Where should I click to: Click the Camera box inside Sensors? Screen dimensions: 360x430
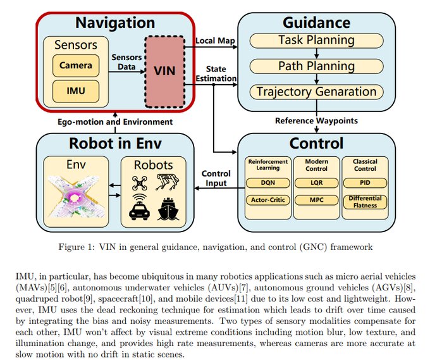tap(76, 65)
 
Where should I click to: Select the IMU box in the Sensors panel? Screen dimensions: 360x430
tap(76, 91)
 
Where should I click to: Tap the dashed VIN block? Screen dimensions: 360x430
tap(164, 71)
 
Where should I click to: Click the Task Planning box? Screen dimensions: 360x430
tap(316, 40)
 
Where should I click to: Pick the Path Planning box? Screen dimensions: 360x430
tap(316, 66)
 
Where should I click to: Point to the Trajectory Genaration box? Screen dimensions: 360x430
tap(316, 92)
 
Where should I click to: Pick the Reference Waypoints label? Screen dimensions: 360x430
tap(316, 120)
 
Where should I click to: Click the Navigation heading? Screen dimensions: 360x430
tap(114, 23)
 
